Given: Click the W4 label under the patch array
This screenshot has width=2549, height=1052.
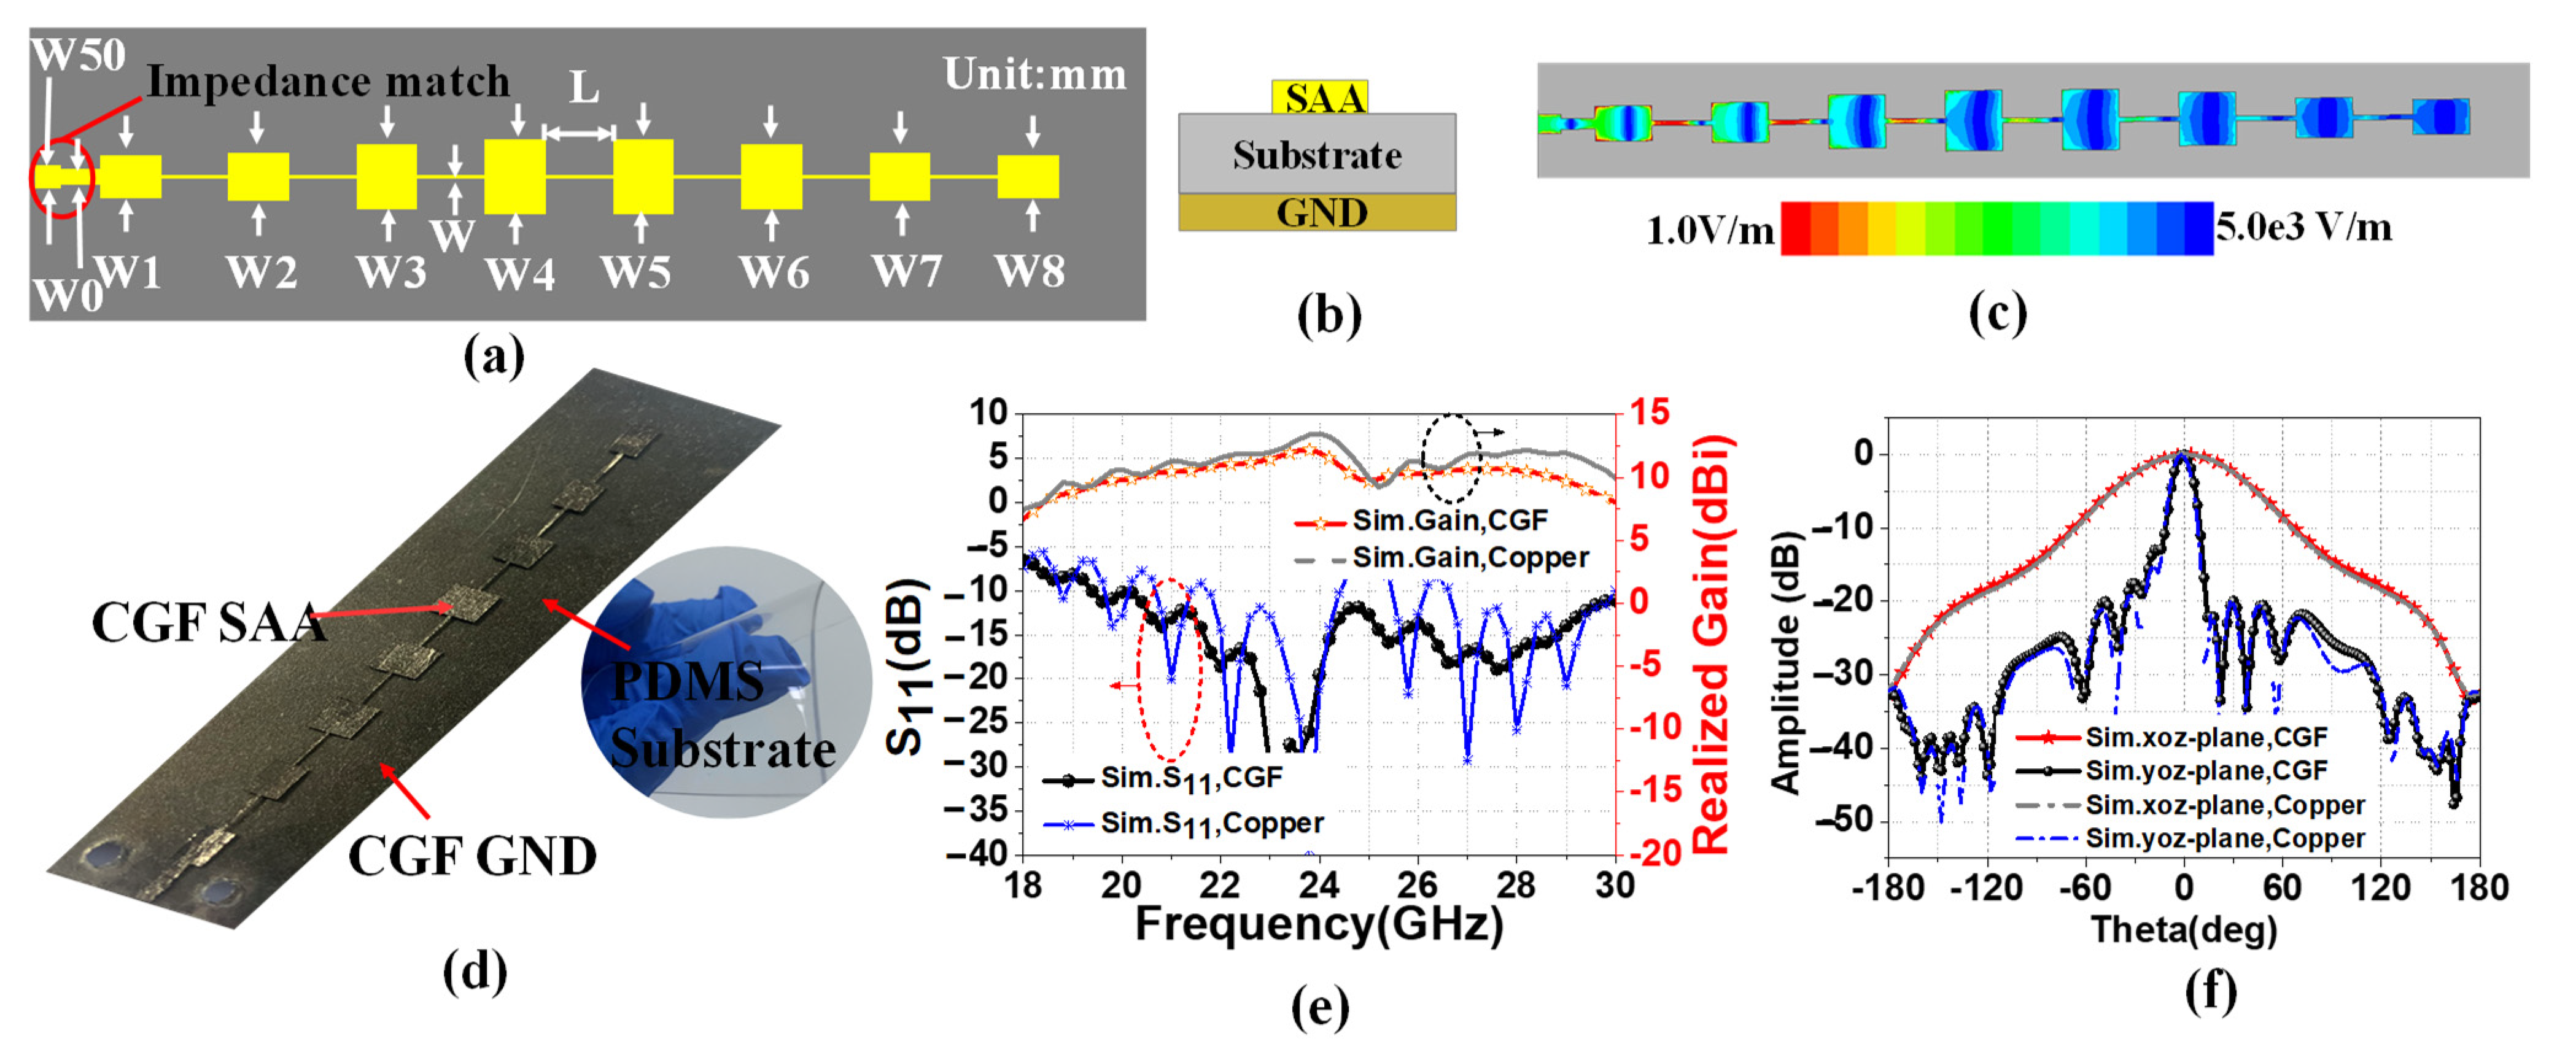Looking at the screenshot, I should coord(519,273).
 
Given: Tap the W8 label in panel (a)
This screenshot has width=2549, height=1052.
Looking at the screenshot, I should coord(1030,271).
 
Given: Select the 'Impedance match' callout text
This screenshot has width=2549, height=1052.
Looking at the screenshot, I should coord(328,81).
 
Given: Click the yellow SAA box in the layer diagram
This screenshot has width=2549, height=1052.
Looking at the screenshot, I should coord(1319,97).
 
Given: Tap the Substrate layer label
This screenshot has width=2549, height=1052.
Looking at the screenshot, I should coord(1317,155).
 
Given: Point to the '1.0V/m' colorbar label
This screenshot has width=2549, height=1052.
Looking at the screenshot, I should coord(1709,231).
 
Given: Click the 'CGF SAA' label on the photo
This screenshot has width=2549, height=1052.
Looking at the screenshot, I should coord(208,622).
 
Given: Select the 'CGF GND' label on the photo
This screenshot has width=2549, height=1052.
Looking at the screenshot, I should coord(472,856).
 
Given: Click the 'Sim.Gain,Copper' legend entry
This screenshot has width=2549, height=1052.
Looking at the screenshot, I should coord(1470,558).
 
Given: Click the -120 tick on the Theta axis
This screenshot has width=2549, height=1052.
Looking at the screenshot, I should coord(1987,887).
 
